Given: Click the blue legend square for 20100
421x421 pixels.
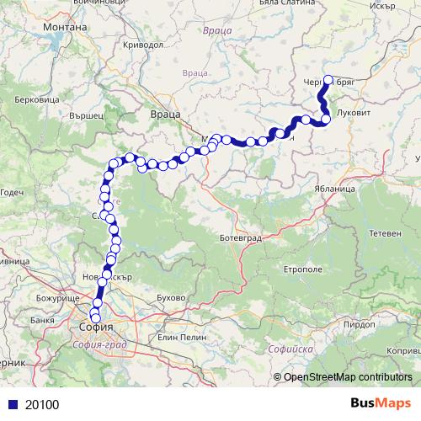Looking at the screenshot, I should (x=11, y=404).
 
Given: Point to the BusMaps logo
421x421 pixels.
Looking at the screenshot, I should (x=381, y=404).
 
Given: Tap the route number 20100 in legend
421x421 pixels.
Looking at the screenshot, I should (x=42, y=404).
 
